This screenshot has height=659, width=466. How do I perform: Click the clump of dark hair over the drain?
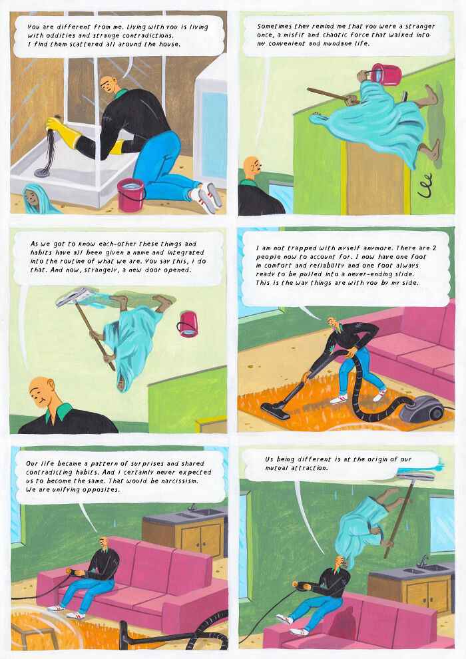(x=51, y=149)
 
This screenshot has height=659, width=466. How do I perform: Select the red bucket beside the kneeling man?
(x=130, y=194)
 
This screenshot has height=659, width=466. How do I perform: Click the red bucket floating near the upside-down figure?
(x=188, y=324)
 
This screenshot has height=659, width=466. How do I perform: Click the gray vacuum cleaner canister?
(x=423, y=407)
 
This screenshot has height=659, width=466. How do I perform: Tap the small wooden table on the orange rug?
(x=33, y=636)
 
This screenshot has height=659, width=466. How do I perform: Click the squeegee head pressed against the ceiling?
(x=417, y=475)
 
